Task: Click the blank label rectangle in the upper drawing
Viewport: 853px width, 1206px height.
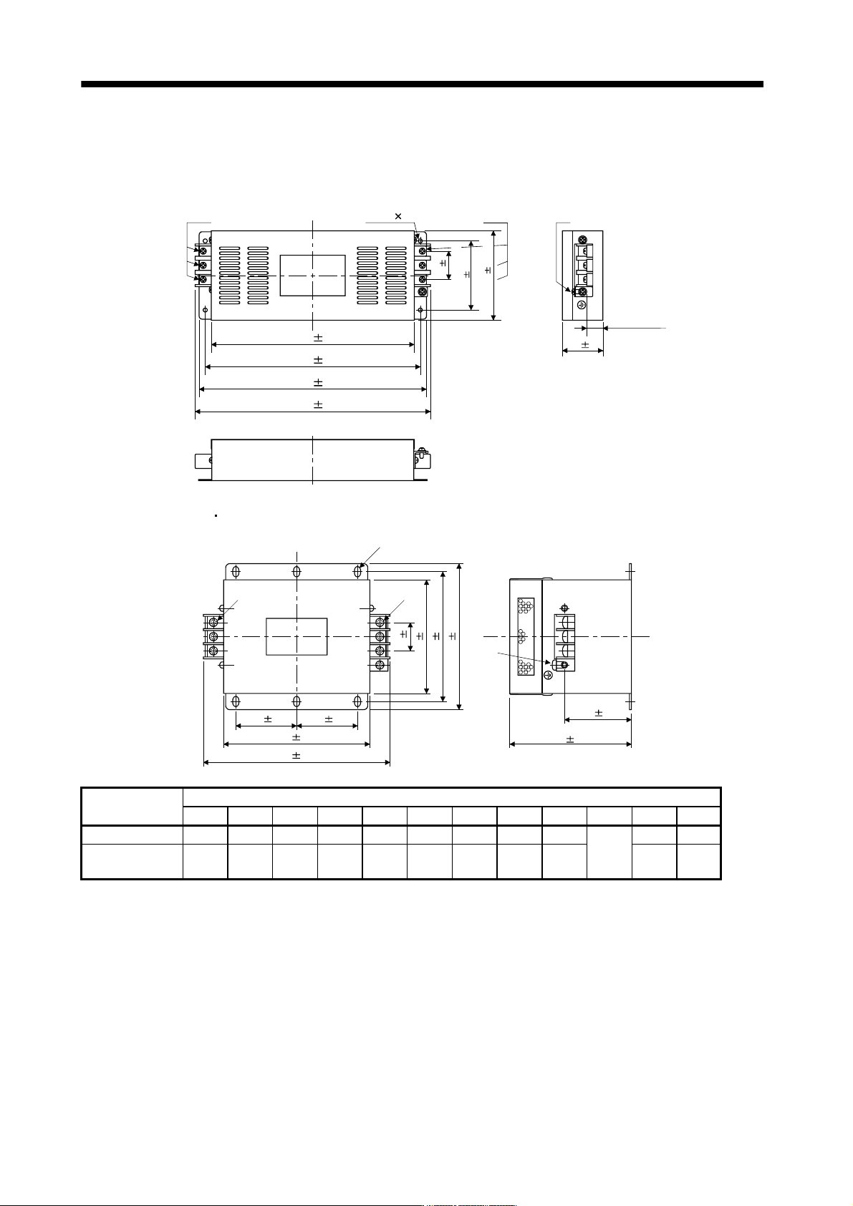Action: pos(312,275)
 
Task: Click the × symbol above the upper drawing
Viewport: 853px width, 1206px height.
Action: pos(398,216)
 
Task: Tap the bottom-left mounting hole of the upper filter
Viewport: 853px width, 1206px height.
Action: pos(206,310)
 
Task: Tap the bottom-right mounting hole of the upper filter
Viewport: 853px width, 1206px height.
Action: pos(420,310)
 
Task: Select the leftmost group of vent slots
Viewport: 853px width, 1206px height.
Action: pos(230,275)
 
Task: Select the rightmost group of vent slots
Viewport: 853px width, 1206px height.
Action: pos(396,275)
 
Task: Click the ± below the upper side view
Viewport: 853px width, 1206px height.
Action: pos(585,344)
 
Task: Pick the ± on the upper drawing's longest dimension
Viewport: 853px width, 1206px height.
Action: pos(318,404)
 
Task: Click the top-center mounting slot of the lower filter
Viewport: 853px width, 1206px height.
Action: pos(297,571)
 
